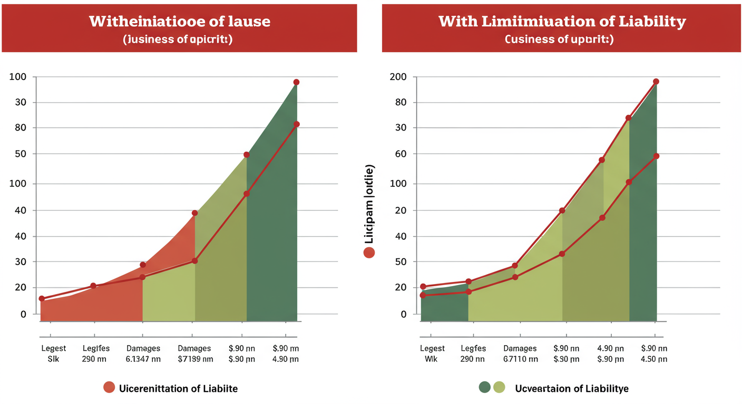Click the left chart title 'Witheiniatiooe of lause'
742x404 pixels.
pyautogui.click(x=179, y=22)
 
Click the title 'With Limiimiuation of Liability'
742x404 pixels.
pyautogui.click(x=562, y=22)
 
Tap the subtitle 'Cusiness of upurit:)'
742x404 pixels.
pyautogui.click(x=559, y=39)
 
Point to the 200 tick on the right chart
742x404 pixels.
pyautogui.click(x=398, y=77)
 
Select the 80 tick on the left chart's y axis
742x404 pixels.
pyautogui.click(x=20, y=128)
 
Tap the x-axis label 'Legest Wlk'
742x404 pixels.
pyautogui.click(x=432, y=353)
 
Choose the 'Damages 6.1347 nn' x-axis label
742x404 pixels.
pyautogui.click(x=143, y=353)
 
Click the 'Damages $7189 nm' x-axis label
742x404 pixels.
pyautogui.click(x=194, y=353)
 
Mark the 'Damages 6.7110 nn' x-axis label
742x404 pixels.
pyautogui.click(x=520, y=353)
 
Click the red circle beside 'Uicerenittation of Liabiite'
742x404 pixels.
pyautogui.click(x=109, y=388)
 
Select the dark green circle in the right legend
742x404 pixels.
pyautogui.click(x=485, y=388)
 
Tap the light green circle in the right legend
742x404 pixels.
pyautogui.click(x=499, y=388)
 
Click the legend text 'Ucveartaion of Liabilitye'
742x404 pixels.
pyautogui.click(x=571, y=389)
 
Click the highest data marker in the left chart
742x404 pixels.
pyautogui.click(x=296, y=83)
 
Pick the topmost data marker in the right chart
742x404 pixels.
pyautogui.click(x=656, y=82)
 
